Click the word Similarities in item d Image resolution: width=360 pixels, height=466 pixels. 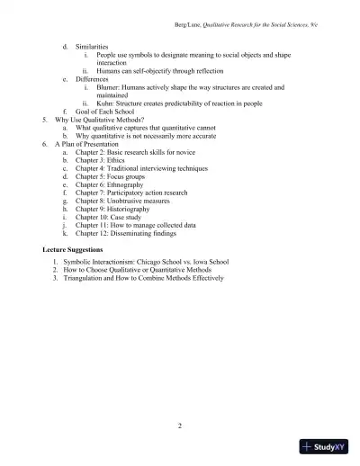[93, 46]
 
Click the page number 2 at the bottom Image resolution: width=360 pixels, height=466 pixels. [180, 425]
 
